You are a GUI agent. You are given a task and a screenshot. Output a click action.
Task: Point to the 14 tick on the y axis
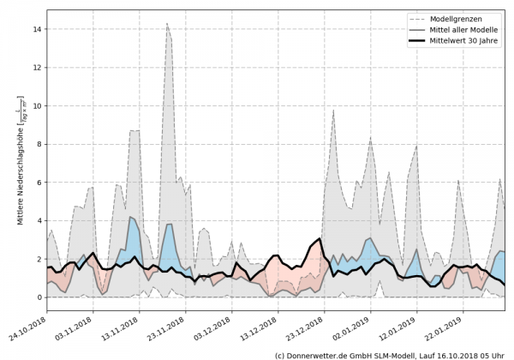pyautogui.click(x=36, y=29)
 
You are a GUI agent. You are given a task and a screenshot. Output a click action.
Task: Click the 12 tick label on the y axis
pyautogui.click(x=36, y=68)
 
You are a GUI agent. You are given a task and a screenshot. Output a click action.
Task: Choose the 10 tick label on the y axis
pyautogui.click(x=36, y=105)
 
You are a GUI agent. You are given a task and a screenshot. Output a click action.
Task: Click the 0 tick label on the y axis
pyautogui.click(x=39, y=297)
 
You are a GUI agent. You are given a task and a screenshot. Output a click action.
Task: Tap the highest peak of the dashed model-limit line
pyautogui.click(x=167, y=23)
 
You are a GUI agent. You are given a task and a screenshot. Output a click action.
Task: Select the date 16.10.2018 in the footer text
pyautogui.click(x=449, y=354)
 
